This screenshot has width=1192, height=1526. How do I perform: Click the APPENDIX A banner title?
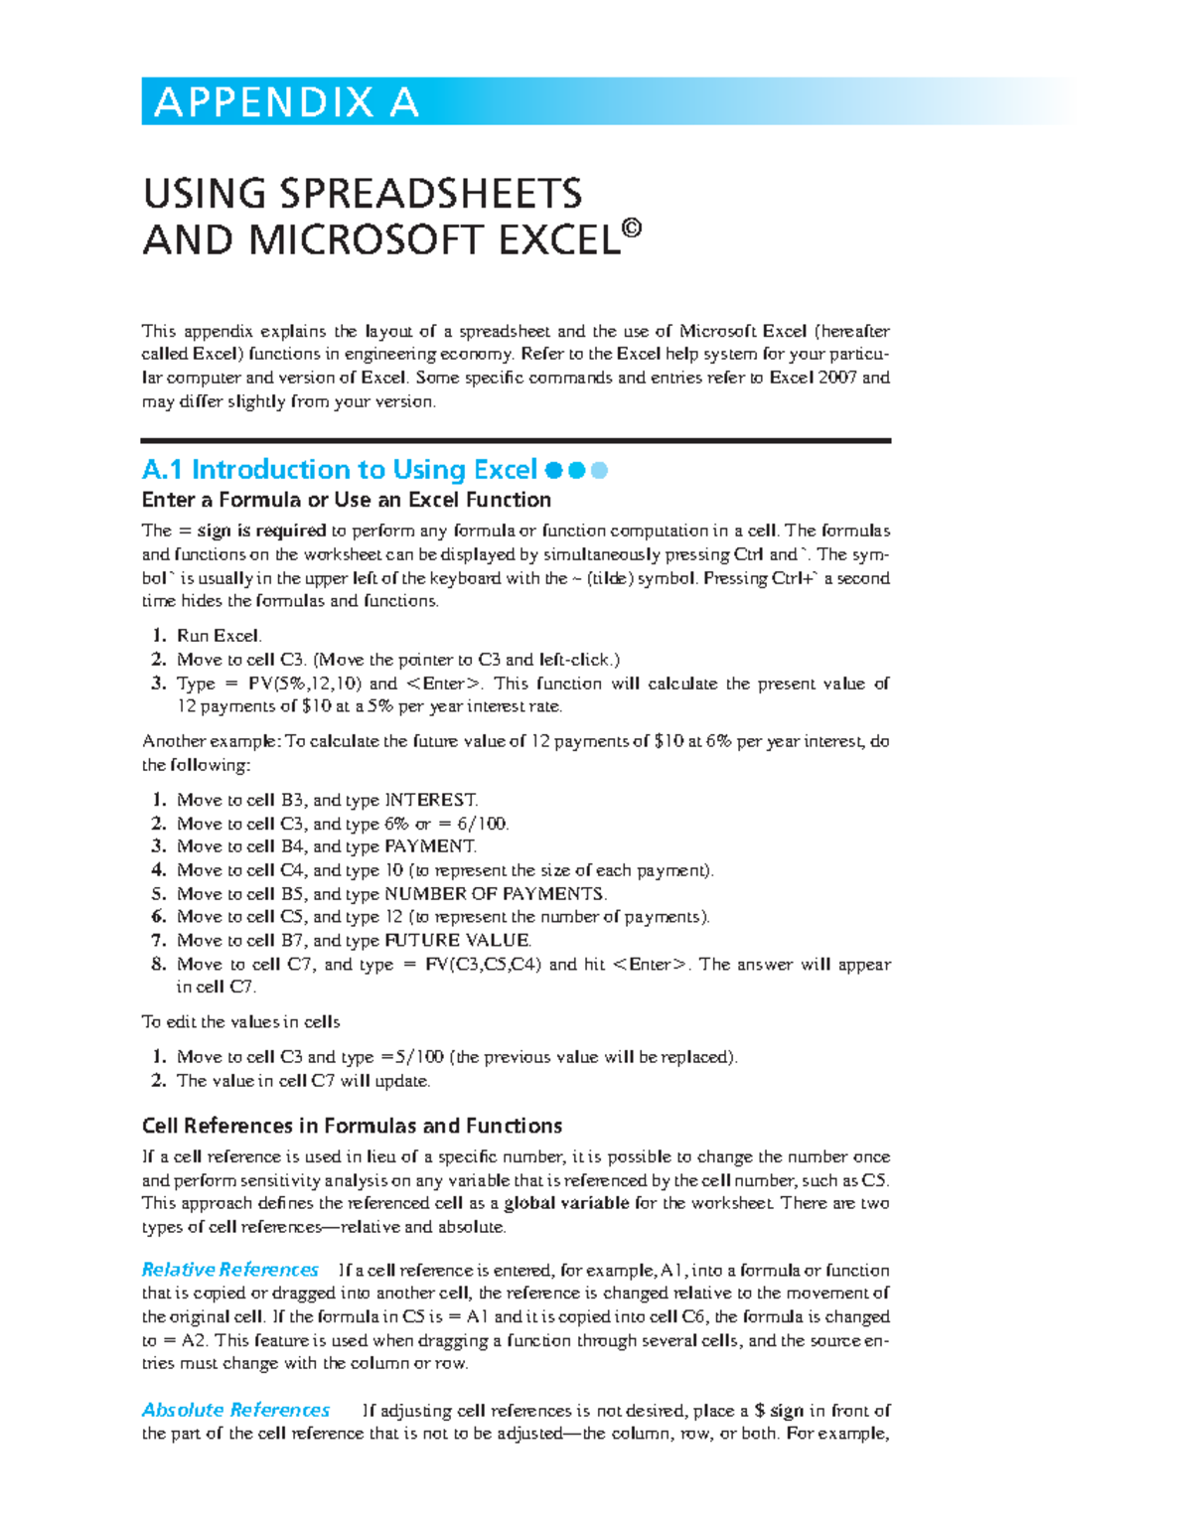pos(286,102)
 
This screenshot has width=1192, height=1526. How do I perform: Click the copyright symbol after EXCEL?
pos(632,229)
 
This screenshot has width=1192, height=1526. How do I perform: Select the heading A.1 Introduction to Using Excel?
pos(340,469)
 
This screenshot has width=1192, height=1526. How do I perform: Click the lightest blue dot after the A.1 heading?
pos(599,470)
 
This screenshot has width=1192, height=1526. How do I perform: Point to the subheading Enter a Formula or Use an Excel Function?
pos(347,500)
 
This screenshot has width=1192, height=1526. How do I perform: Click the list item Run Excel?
pos(219,636)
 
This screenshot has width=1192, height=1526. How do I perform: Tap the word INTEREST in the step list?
pos(431,800)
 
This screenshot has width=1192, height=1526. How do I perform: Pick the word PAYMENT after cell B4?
pos(430,846)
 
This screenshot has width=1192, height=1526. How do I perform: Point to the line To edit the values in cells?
pos(241,1021)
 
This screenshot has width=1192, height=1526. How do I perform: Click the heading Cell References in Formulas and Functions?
pos(352,1126)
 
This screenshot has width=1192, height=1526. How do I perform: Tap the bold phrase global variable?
pos(566,1203)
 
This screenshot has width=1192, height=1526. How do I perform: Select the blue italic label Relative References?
pos(230,1270)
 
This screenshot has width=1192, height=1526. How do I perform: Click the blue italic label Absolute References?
pos(235,1410)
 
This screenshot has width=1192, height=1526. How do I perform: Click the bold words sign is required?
pos(262,531)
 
